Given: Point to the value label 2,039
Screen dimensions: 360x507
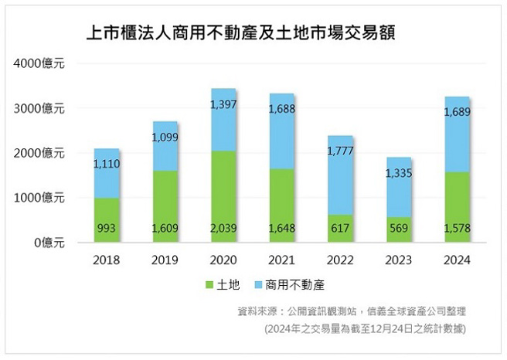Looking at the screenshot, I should coord(223,228).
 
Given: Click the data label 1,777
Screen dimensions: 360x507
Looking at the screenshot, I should coord(341,151).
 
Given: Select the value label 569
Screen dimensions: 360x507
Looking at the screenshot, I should coord(400,228).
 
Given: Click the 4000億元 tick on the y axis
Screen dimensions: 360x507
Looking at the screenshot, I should coord(39,64).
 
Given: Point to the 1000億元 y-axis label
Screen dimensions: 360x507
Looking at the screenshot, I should coord(39,198).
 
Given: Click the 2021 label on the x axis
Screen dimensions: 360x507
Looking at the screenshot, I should coord(282,260).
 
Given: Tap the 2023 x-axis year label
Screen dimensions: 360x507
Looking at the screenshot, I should coord(400,260).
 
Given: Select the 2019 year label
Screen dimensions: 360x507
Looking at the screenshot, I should coord(165,260).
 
